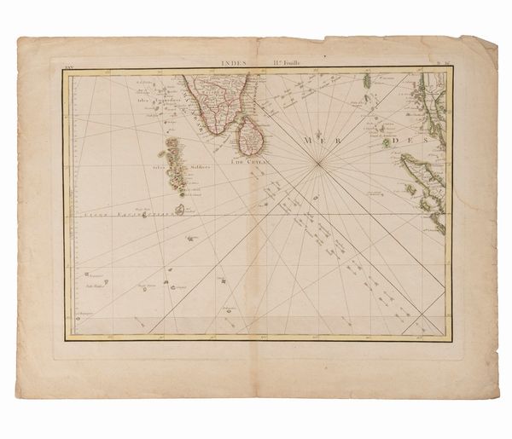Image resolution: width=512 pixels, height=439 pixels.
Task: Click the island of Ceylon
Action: click(x=250, y=136)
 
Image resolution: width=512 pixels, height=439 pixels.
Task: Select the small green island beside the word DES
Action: click(x=386, y=142)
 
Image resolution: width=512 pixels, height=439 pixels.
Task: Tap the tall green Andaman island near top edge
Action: click(x=368, y=81)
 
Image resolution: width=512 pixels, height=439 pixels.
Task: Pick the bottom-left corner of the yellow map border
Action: click(x=67, y=338)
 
